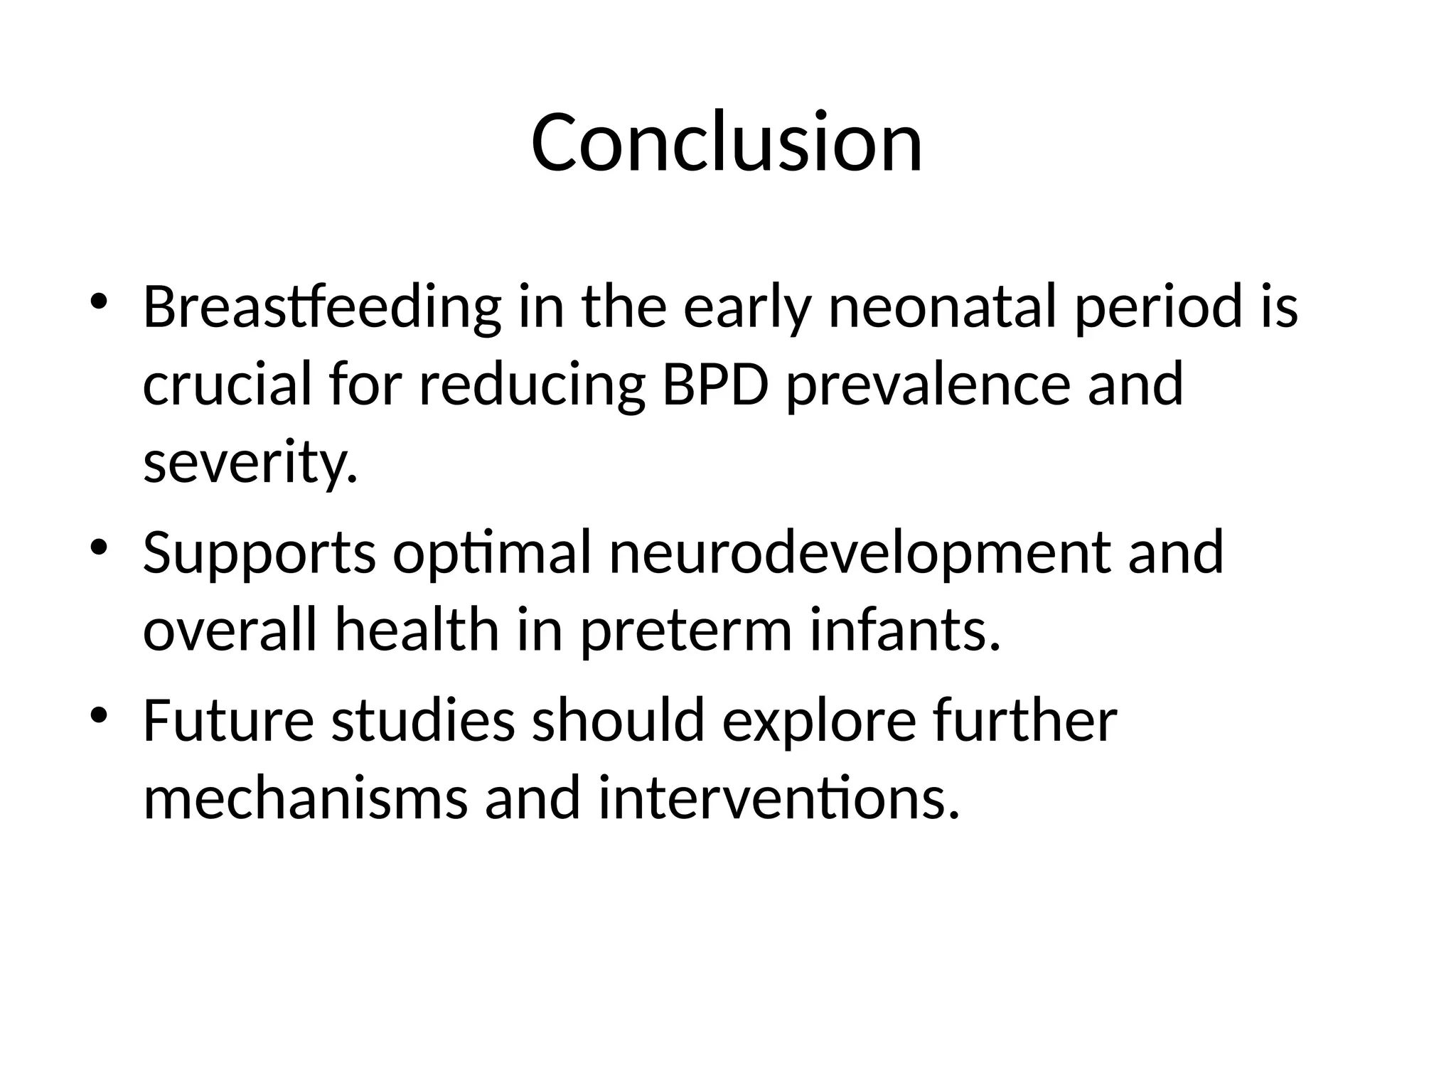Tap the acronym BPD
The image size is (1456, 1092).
click(x=715, y=385)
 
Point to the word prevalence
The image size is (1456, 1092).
click(x=928, y=386)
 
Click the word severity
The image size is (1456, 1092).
click(x=249, y=464)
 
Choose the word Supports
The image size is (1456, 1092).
click(x=259, y=555)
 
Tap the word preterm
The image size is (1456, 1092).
click(x=686, y=632)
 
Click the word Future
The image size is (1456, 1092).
click(x=228, y=721)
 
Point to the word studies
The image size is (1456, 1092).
click(x=423, y=721)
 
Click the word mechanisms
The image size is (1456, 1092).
click(x=306, y=798)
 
